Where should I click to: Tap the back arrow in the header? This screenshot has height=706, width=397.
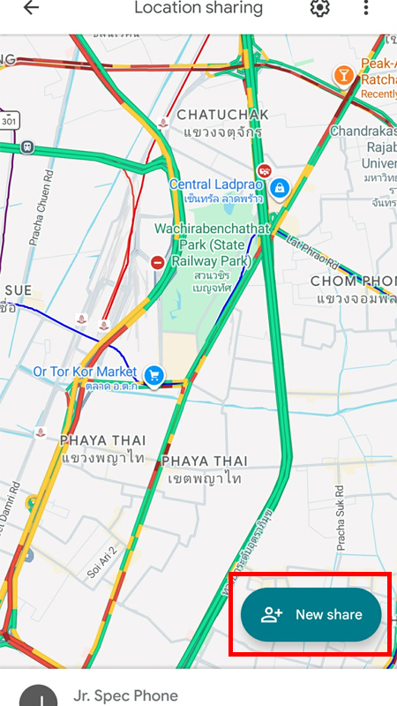tap(32, 8)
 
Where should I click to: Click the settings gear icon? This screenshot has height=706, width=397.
tap(318, 8)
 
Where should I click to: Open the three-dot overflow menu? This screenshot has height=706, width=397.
tap(366, 8)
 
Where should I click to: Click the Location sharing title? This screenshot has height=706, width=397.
tap(198, 8)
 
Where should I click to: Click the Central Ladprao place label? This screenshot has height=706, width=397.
tap(215, 184)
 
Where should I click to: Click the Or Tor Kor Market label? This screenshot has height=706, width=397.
tap(85, 372)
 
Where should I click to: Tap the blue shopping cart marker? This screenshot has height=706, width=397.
tap(154, 375)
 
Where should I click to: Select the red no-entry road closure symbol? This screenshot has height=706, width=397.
tap(157, 262)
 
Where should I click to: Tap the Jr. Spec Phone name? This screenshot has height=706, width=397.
tap(126, 695)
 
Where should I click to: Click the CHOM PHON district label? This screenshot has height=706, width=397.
tap(353, 281)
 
